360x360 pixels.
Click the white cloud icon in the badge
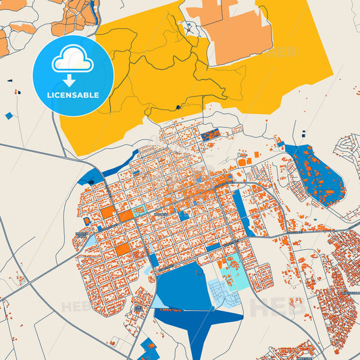point(73,61)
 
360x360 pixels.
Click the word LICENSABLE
point(73,95)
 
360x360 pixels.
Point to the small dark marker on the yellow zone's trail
point(177,107)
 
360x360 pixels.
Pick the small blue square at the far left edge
point(9,115)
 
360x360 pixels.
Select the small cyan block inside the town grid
point(138,211)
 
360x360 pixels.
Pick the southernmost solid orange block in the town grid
point(122,249)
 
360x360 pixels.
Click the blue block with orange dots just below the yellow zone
point(210,134)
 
